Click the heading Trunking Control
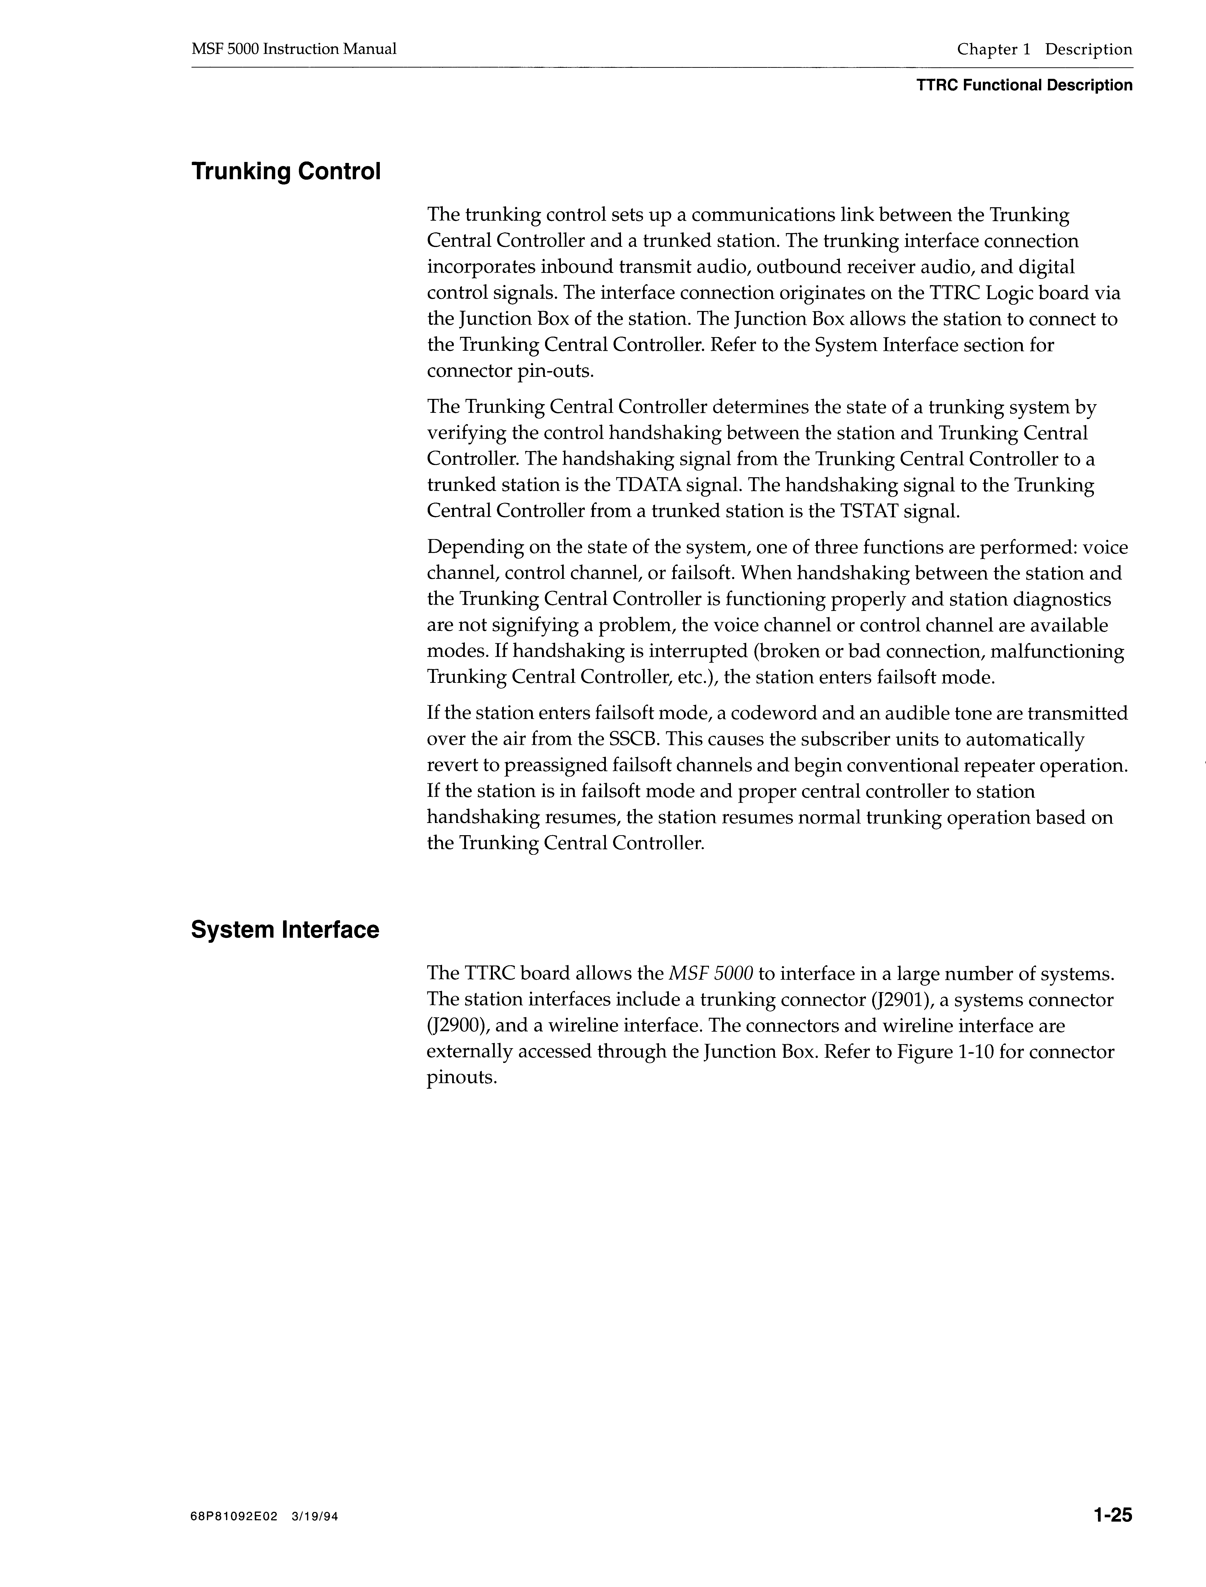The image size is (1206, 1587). (x=286, y=172)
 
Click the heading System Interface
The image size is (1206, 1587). (x=285, y=930)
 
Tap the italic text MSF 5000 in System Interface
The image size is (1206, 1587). (x=711, y=974)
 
